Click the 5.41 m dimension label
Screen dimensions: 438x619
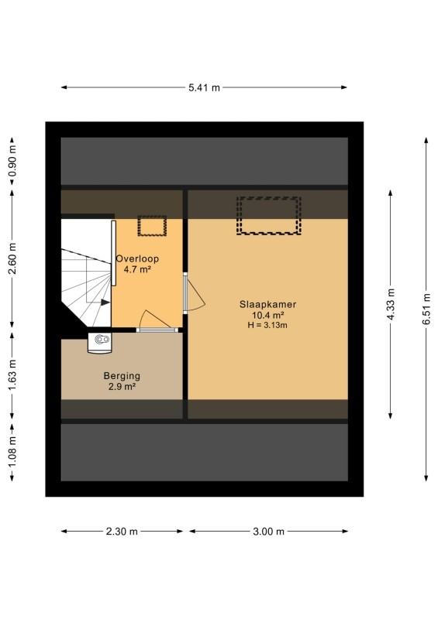(x=204, y=87)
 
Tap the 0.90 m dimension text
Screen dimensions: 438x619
(x=13, y=162)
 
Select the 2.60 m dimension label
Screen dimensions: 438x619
(x=13, y=259)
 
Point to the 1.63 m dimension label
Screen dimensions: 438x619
(x=13, y=375)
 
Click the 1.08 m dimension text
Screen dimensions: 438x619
(x=13, y=452)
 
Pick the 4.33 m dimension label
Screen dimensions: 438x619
(x=391, y=304)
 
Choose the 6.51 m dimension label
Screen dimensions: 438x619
(x=426, y=309)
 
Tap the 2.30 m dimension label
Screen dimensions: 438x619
(x=122, y=532)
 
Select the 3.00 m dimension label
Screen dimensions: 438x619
(x=269, y=532)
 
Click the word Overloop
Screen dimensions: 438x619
(x=137, y=259)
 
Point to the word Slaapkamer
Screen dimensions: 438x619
(x=268, y=304)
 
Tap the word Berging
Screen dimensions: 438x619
(x=122, y=376)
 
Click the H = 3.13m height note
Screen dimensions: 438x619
(x=267, y=325)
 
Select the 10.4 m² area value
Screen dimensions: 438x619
(x=268, y=315)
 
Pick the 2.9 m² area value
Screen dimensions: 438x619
(x=122, y=386)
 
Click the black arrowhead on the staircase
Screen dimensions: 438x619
(x=105, y=303)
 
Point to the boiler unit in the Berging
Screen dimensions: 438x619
(x=100, y=342)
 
